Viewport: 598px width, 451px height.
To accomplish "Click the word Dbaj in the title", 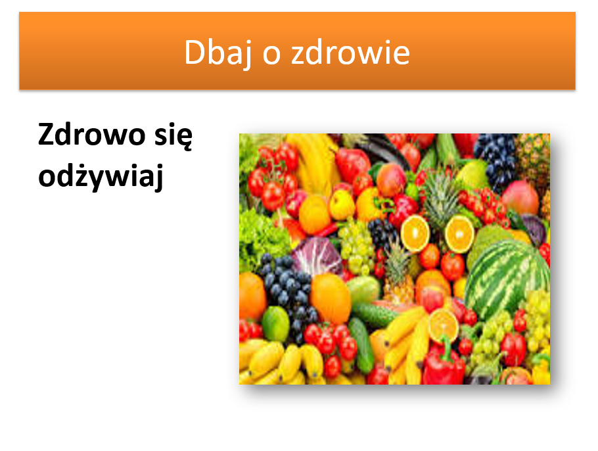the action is pyautogui.click(x=217, y=53).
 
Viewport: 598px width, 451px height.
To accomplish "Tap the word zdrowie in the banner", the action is pyautogui.click(x=350, y=52).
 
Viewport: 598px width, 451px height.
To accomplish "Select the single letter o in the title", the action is pyautogui.click(x=271, y=55).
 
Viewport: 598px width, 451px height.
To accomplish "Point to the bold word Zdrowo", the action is pyautogui.click(x=91, y=135).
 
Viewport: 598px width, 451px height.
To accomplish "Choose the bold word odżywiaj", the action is pyautogui.click(x=101, y=176).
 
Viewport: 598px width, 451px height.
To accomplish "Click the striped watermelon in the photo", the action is pyautogui.click(x=507, y=278).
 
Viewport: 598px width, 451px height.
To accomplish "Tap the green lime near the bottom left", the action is pyautogui.click(x=275, y=323).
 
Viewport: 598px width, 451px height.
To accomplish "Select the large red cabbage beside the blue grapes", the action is pyautogui.click(x=317, y=256).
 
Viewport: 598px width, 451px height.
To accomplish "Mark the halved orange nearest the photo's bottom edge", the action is pyautogui.click(x=443, y=325).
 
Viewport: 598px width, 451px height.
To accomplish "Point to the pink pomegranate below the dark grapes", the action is pyautogui.click(x=520, y=198).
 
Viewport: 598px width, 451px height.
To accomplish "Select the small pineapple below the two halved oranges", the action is pyautogui.click(x=398, y=273).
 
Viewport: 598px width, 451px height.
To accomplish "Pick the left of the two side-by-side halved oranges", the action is pyautogui.click(x=415, y=233).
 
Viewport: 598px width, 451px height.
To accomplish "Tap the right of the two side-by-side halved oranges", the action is pyautogui.click(x=459, y=233).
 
